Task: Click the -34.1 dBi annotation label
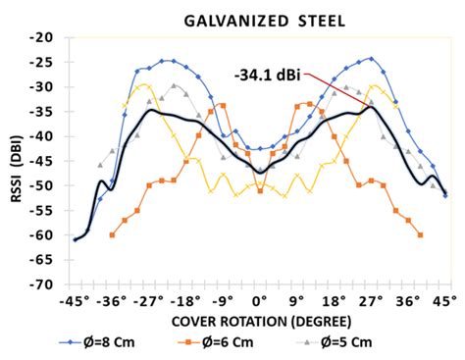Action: tap(272, 74)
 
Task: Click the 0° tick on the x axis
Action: tap(260, 300)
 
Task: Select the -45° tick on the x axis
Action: tap(74, 300)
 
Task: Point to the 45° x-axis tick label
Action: tap(445, 300)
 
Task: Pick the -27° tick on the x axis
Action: tap(148, 300)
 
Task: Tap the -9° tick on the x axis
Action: tap(224, 300)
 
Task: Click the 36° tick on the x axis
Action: tap(408, 300)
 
